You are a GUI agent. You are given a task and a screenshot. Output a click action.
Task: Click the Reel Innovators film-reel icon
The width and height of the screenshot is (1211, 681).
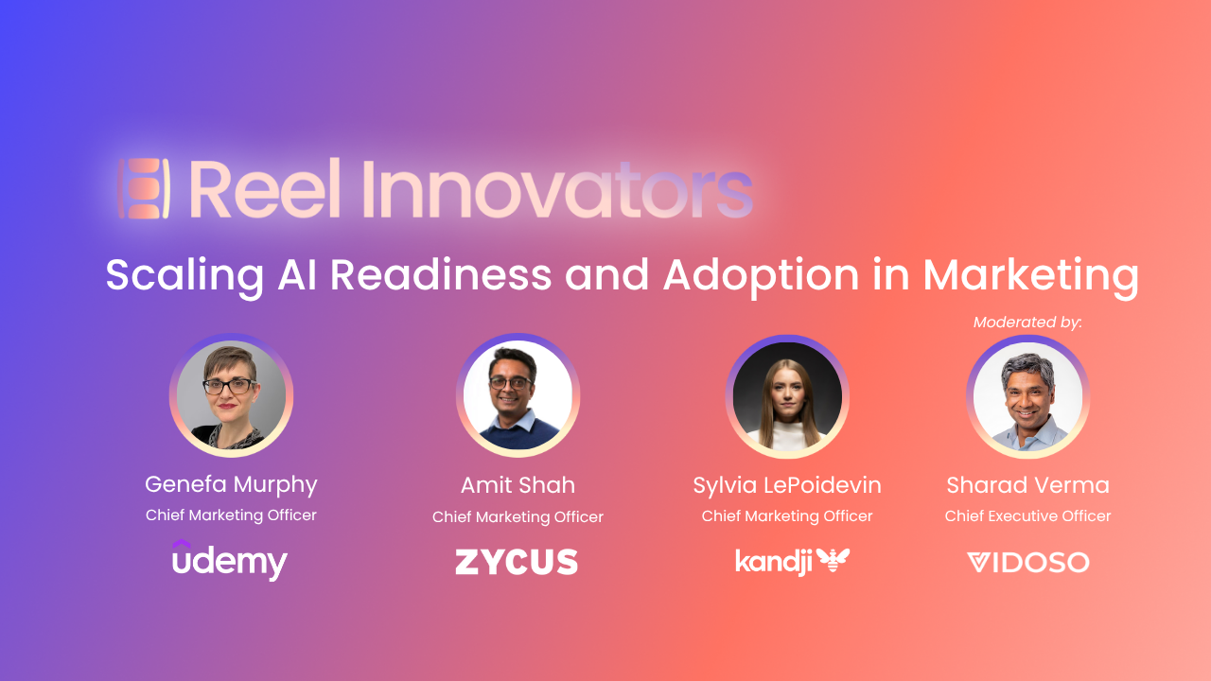[x=144, y=188]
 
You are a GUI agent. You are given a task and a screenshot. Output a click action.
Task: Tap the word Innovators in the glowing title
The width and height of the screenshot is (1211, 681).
[x=557, y=188]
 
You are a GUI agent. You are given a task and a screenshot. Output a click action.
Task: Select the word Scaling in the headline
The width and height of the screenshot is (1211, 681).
[x=184, y=276]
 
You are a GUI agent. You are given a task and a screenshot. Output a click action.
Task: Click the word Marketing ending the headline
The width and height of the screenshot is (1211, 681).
[x=1031, y=276]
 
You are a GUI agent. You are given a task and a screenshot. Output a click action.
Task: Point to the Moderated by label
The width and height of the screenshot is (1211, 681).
[x=1027, y=323]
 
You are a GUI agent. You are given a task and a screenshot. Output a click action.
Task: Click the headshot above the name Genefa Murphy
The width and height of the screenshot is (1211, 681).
[x=232, y=395]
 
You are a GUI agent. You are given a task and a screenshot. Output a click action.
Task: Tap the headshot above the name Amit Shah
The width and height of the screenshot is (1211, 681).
[x=518, y=395]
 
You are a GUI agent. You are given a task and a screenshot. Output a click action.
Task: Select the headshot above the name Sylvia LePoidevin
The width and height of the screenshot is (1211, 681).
[x=787, y=396]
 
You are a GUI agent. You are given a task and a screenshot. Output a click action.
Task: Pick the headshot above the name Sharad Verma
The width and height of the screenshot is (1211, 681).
[x=1027, y=396]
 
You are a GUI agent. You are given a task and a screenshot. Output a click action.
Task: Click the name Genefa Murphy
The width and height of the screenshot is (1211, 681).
[x=231, y=485]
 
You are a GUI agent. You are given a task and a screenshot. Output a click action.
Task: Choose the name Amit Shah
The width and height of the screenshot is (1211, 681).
[x=518, y=485]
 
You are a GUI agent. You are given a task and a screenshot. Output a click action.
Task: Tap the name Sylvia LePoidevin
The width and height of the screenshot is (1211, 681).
[x=787, y=485]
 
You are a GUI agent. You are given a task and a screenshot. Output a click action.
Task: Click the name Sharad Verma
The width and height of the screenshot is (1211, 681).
[x=1027, y=485]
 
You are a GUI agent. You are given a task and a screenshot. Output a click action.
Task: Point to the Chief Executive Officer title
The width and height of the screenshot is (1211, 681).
[x=1027, y=515]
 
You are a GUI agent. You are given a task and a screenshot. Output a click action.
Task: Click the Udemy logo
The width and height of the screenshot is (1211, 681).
[x=230, y=560]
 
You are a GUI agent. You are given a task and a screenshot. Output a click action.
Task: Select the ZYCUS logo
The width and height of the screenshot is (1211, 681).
[x=517, y=562]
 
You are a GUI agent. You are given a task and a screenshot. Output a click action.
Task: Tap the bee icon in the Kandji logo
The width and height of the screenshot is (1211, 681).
[x=834, y=559]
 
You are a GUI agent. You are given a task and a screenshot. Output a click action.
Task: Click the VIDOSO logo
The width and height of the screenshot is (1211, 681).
[x=1027, y=562]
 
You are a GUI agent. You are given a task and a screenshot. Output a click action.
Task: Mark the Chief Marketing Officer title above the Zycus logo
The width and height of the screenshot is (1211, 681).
[x=518, y=516]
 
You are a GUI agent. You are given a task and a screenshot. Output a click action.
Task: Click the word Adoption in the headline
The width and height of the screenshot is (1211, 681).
[x=762, y=276]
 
